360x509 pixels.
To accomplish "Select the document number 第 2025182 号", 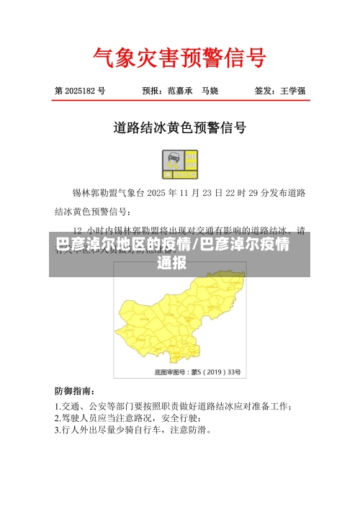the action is pyautogui.click(x=80, y=91).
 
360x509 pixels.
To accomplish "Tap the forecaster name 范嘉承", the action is pyautogui.click(x=180, y=91).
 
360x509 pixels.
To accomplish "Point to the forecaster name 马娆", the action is pyautogui.click(x=210, y=91).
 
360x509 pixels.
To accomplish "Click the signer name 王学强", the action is pyautogui.click(x=293, y=91).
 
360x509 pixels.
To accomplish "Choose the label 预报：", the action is pyautogui.click(x=153, y=91).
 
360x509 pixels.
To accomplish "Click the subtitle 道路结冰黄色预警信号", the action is pyautogui.click(x=180, y=128).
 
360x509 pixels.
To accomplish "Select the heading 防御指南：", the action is pyautogui.click(x=74, y=391).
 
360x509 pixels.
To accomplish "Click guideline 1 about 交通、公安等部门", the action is pyautogui.click(x=173, y=405).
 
